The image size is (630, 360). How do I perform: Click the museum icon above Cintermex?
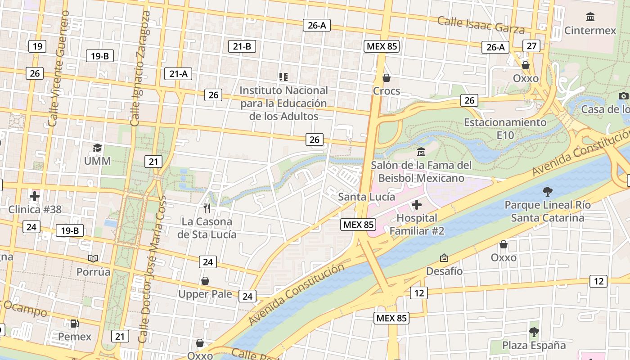coord(590,17)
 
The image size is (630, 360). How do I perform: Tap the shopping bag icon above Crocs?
coord(386,78)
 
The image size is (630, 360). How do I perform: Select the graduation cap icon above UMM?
coord(97,148)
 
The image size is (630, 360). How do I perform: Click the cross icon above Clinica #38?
coord(35,196)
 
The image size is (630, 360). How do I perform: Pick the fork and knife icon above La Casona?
coord(207,208)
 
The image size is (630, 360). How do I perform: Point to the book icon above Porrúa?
coord(93,258)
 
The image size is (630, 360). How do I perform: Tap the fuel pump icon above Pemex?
coord(75,323)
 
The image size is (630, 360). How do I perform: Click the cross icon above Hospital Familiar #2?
coord(417,205)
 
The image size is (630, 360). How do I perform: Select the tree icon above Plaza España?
coord(534,332)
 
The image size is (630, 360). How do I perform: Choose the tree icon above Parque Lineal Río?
coord(547,192)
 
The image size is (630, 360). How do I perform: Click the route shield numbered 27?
coord(531,45)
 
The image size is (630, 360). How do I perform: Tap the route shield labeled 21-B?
coord(242,46)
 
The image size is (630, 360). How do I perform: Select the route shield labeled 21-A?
coord(178,74)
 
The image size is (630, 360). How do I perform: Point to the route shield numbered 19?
coord(37,46)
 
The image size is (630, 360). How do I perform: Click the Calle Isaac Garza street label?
coord(481,25)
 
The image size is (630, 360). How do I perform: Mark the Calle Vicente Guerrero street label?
coord(59,68)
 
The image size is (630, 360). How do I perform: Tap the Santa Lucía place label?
coord(366,197)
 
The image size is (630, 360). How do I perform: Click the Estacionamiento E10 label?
coord(505,128)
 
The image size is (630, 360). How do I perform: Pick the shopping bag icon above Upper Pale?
coord(205,281)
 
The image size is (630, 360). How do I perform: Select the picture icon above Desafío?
coord(444,258)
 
